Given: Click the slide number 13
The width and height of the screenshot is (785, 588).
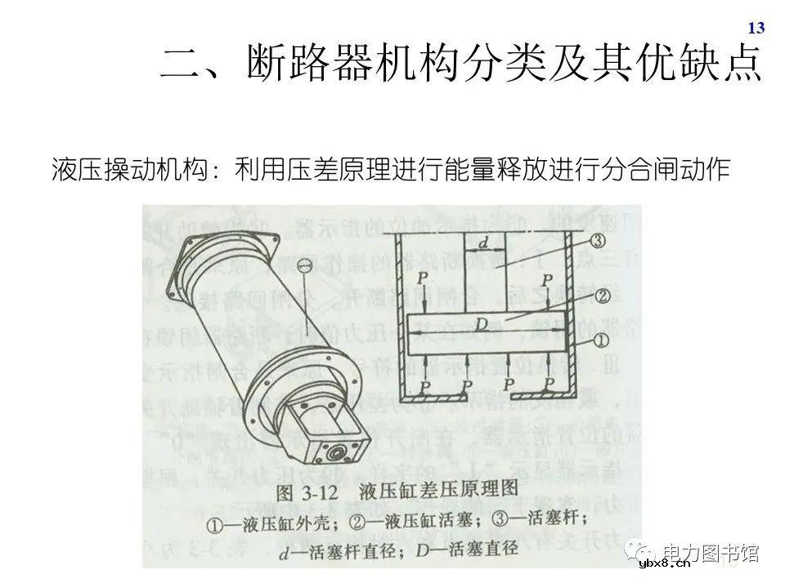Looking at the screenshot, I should click(x=756, y=29).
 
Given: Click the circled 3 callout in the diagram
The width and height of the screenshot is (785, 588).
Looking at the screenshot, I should click(x=597, y=241).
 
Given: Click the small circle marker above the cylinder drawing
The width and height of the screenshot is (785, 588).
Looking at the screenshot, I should click(x=304, y=265).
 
